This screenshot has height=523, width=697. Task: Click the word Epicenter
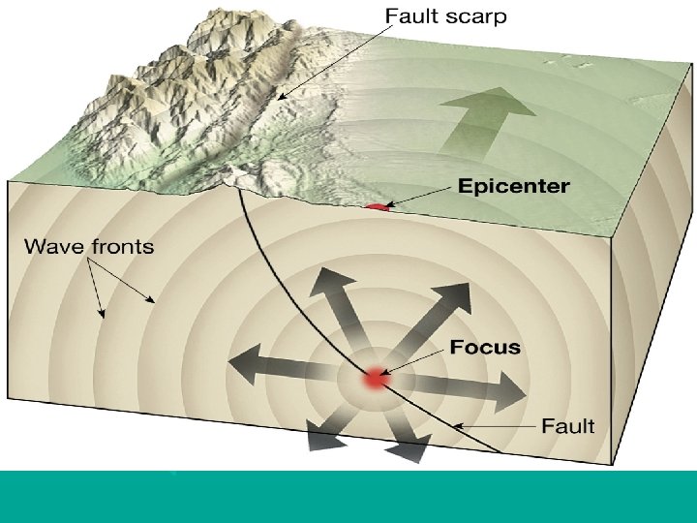point(513,185)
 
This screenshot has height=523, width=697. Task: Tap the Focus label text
point(484,347)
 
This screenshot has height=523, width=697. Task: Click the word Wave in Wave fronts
point(55,246)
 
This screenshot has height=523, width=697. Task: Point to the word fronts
point(122,246)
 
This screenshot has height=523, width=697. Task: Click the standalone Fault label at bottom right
point(567,425)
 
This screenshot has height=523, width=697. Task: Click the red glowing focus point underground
point(375,380)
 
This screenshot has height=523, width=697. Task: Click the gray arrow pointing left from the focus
point(281,366)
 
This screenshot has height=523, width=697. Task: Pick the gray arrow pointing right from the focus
point(474,390)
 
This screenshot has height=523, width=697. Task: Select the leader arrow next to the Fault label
point(494,425)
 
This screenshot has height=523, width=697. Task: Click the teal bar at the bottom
point(348,496)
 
